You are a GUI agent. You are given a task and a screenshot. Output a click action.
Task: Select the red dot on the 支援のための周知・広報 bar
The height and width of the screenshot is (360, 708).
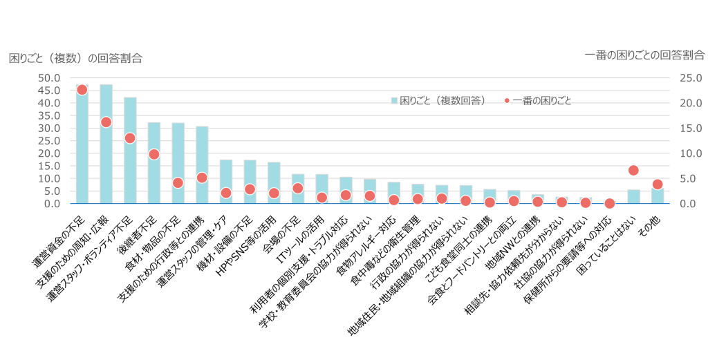click(x=106, y=122)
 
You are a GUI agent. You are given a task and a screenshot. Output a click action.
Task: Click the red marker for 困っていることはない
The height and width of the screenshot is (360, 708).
click(x=633, y=171)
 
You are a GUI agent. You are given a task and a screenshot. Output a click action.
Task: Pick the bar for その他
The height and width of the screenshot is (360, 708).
click(x=658, y=196)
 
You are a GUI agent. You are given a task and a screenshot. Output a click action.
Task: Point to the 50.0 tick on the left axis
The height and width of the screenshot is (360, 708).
click(x=51, y=78)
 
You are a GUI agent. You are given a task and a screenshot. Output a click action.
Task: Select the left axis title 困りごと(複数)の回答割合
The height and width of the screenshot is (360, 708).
click(x=75, y=58)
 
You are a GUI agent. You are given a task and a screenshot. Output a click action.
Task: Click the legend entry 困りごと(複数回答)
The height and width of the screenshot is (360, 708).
click(x=438, y=101)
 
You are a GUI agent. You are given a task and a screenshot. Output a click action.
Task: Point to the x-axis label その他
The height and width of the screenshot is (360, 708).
click(x=651, y=221)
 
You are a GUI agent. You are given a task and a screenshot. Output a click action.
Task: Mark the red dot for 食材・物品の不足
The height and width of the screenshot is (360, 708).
click(x=178, y=183)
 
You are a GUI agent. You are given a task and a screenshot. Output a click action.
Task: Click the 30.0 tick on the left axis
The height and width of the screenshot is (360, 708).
click(x=51, y=129)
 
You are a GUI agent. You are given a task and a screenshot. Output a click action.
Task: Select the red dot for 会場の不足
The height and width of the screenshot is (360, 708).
click(x=297, y=189)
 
